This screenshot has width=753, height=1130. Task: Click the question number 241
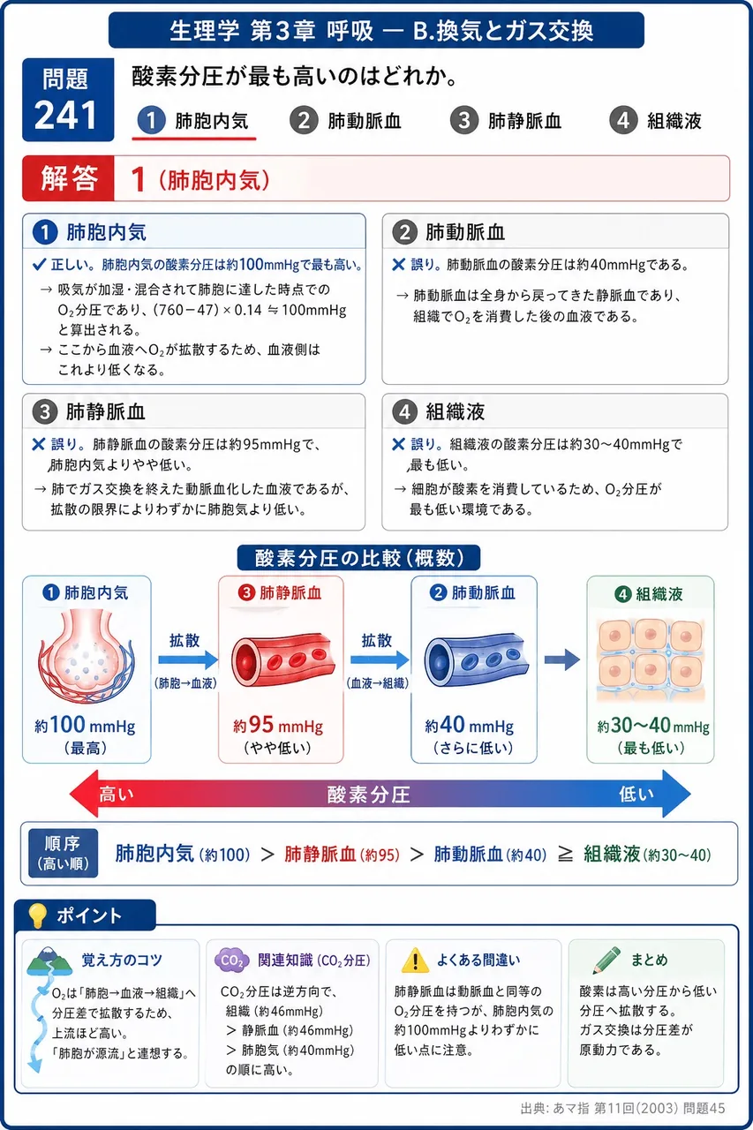(x=65, y=116)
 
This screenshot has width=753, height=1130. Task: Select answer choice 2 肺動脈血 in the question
(x=345, y=121)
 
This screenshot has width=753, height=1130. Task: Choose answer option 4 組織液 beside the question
(x=655, y=121)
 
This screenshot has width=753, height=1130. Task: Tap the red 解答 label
(x=69, y=178)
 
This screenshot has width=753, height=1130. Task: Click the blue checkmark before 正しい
(x=39, y=266)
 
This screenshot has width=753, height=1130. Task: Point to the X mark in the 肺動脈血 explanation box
(x=398, y=265)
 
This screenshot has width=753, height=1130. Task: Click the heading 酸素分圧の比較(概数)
(x=358, y=558)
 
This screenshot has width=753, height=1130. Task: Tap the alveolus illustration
(x=86, y=656)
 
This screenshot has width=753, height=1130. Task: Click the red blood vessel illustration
(x=283, y=659)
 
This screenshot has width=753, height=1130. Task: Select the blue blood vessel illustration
(x=477, y=659)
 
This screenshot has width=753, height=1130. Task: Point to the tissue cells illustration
(x=650, y=660)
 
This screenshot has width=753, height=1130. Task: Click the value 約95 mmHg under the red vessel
(x=278, y=726)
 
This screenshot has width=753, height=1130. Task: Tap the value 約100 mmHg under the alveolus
(x=85, y=726)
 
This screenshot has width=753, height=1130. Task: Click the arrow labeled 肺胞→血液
(x=188, y=659)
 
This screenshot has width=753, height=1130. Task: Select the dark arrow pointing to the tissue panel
(x=562, y=659)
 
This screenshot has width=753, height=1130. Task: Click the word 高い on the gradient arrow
(x=116, y=794)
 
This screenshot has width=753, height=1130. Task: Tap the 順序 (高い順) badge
(x=63, y=853)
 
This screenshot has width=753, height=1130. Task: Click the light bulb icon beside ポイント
(x=37, y=915)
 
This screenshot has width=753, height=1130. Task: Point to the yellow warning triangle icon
(x=415, y=960)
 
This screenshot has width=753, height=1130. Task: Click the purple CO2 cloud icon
(x=232, y=960)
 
